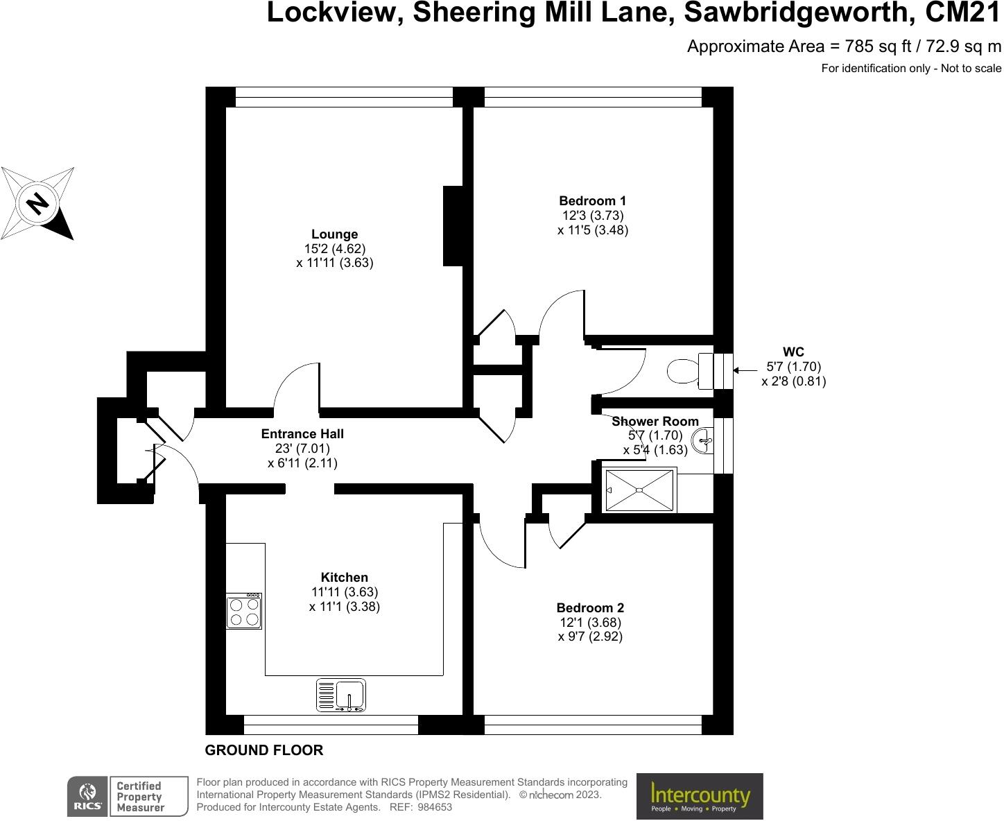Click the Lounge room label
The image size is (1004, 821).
334,234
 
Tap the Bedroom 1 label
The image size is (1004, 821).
593,201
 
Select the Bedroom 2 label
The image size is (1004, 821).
590,608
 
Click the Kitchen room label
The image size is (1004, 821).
345,578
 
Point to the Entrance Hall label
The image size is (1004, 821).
302,434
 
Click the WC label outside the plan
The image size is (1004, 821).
793,352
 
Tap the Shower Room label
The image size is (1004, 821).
655,422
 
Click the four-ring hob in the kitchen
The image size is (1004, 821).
244,611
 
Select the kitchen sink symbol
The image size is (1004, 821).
341,695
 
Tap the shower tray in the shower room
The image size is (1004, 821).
639,490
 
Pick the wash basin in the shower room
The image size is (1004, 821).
704,440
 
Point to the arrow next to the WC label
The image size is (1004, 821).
745,370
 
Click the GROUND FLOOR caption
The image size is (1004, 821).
264,750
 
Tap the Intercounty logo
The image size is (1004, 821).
700,797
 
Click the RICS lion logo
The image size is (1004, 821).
87,796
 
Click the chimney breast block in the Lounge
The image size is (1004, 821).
453,226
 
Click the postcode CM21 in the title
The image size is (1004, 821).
963,12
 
